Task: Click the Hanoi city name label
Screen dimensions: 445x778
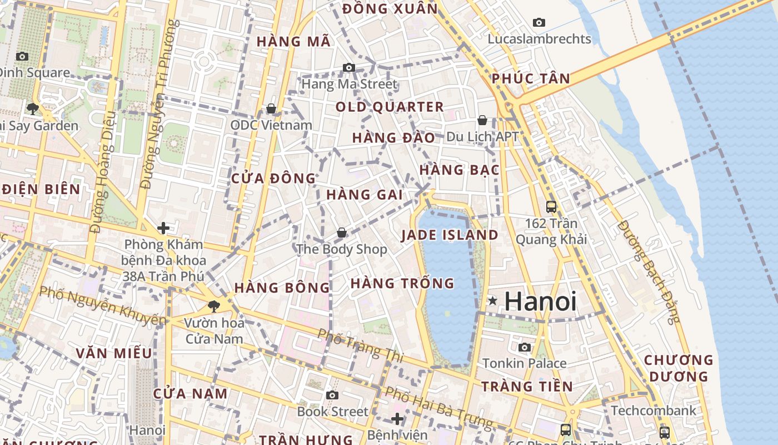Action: [x=540, y=301]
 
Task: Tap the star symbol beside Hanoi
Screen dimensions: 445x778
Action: [x=492, y=301]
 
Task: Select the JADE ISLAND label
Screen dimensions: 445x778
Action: [x=450, y=235]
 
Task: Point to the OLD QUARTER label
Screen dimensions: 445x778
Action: [x=390, y=107]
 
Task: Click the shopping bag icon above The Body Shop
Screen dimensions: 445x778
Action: [x=342, y=233]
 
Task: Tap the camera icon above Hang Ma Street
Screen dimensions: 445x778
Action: [x=349, y=68]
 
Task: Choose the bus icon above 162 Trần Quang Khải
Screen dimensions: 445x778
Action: [x=551, y=207]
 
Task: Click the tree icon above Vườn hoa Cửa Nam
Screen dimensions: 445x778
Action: [x=213, y=306]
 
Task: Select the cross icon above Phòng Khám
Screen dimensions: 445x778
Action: [x=163, y=228]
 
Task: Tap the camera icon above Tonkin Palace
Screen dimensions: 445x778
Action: [x=525, y=348]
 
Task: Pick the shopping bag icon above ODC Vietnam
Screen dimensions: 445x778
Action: [x=271, y=108]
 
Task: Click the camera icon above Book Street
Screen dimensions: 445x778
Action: [x=332, y=395]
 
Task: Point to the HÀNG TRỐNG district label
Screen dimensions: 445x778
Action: [x=402, y=283]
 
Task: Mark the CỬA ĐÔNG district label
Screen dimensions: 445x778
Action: [x=273, y=179]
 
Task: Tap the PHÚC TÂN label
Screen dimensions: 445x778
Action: [x=531, y=79]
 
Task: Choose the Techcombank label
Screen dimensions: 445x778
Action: [x=653, y=411]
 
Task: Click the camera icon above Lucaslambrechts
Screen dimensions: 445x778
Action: [x=538, y=23]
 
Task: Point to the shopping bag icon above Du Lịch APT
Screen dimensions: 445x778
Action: [x=482, y=120]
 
